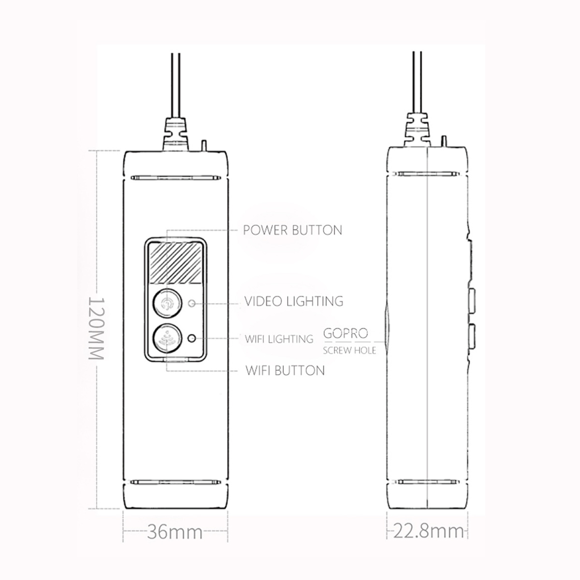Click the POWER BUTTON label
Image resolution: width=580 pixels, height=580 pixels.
point(292,230)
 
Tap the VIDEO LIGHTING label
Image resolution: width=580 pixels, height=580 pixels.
point(294,301)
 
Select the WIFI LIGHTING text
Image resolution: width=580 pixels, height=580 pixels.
point(279,339)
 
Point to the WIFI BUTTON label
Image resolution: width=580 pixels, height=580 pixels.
point(285,370)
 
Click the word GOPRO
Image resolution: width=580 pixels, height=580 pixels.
point(346,333)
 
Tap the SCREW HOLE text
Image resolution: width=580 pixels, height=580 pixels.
point(349,350)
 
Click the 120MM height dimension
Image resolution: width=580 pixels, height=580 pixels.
point(96,328)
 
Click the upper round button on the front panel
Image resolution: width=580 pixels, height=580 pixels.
point(167,303)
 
